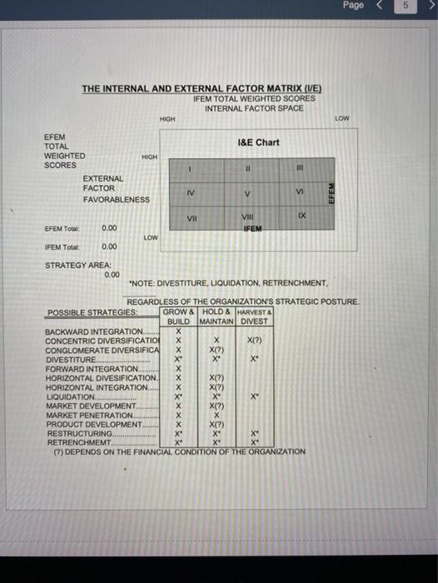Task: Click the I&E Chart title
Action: [258, 142]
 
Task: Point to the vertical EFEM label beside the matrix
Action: [331, 193]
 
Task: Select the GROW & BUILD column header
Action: [179, 316]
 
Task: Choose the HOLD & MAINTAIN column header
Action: [216, 316]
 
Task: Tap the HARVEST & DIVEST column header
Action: [254, 316]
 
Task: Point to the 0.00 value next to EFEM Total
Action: [109, 227]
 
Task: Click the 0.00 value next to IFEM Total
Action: [109, 247]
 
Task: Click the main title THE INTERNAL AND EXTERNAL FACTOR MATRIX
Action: [201, 89]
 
